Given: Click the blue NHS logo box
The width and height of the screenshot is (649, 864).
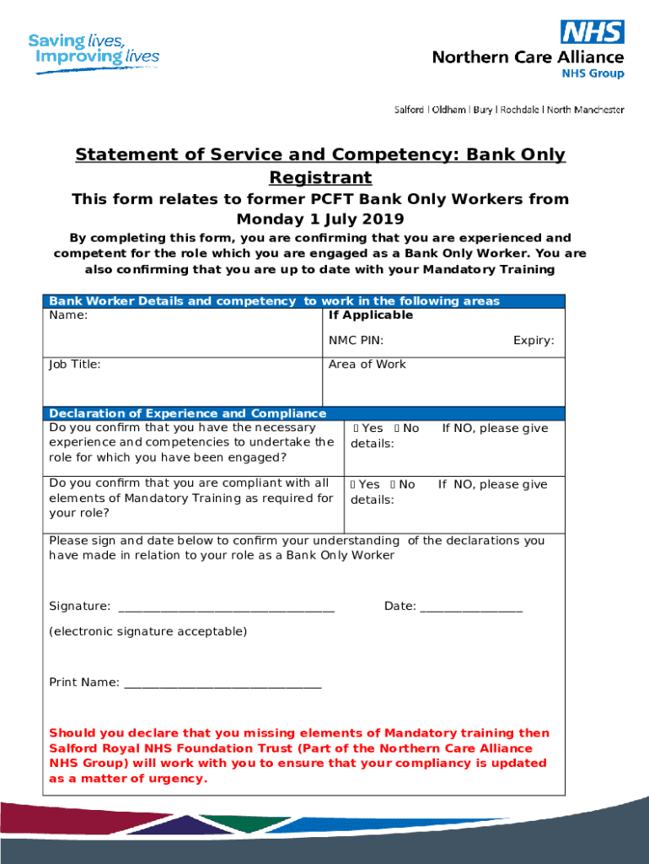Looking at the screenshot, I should pos(593,32).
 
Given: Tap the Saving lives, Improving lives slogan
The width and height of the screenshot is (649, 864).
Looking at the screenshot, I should pos(93,50).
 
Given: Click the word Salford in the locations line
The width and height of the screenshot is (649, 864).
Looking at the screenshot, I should pos(410,110).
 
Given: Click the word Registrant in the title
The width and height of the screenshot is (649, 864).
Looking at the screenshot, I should pos(320,178).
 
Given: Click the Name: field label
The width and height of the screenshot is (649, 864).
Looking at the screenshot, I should pos(68,316).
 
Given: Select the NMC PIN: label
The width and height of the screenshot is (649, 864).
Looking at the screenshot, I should pos(356,341).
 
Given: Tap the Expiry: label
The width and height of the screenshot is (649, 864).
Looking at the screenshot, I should pos(534,341).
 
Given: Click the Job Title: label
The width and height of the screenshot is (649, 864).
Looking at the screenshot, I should pos(75,364).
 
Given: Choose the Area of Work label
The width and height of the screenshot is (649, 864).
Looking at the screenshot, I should pos(367,364).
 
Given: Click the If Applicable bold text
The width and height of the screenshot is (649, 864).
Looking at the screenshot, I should pos(371,316).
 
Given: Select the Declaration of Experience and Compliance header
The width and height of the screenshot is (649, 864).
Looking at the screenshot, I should pos(187,413).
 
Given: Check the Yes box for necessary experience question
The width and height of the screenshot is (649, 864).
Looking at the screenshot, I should pos(355,429).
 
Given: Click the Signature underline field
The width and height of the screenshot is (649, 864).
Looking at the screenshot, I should pos(227,607).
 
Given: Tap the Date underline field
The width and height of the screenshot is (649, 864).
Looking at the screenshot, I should pos(471,607).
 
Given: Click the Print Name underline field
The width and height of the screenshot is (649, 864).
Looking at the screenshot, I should pos(223,683).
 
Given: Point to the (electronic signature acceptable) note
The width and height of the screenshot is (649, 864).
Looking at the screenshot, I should pos(148,631).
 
